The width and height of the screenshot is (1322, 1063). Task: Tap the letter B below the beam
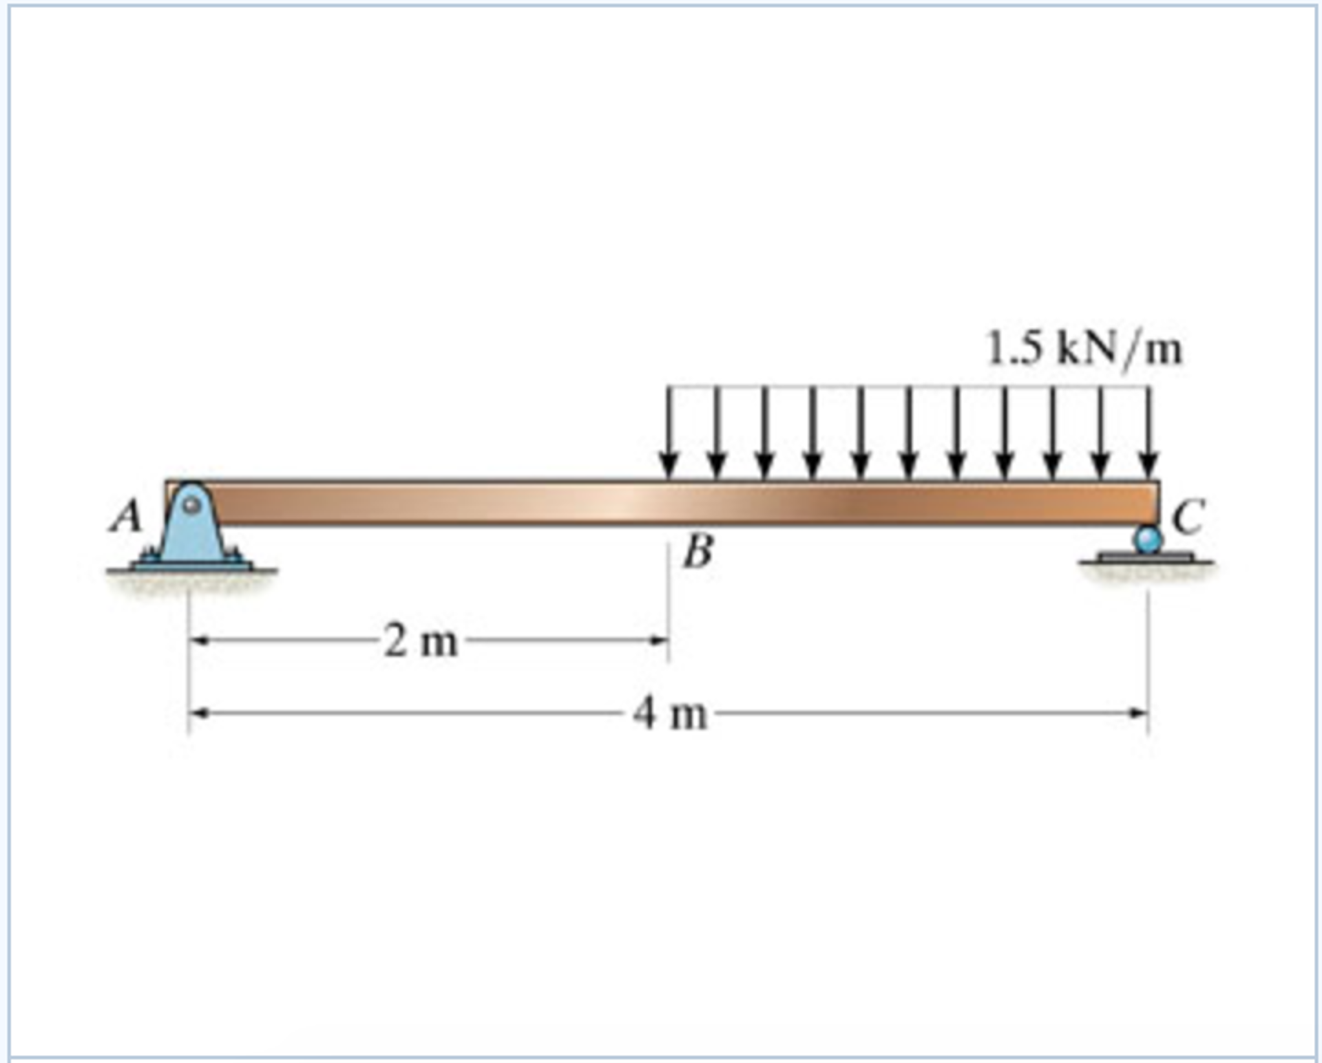tap(698, 553)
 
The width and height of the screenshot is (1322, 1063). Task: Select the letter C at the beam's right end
tap(1188, 517)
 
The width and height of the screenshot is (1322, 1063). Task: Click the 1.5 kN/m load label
tap(1084, 350)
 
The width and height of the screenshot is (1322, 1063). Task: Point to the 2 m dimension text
tap(421, 642)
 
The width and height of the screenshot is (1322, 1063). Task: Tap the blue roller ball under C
tap(1148, 539)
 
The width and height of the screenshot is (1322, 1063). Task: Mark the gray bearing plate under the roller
tap(1146, 557)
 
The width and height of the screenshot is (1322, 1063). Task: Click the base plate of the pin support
tap(192, 565)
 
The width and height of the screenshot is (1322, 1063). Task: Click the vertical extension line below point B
tap(669, 601)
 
